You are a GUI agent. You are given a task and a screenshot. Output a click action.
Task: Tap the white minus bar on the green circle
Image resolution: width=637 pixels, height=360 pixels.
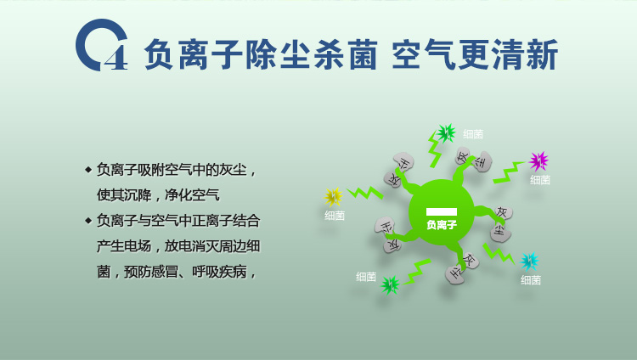[441, 211]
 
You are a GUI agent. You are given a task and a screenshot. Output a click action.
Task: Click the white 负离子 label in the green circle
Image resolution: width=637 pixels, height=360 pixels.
[442, 225]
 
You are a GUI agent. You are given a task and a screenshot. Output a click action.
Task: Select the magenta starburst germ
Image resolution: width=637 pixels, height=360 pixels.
[538, 161]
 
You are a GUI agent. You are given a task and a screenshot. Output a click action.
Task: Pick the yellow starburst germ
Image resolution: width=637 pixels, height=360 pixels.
[333, 197]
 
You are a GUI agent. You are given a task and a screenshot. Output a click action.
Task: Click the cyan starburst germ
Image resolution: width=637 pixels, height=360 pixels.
[530, 262]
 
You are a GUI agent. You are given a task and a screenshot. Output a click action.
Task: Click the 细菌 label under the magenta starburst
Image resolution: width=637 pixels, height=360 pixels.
[540, 180]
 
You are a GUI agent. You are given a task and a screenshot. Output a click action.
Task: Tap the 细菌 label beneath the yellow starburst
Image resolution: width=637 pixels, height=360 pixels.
[335, 216]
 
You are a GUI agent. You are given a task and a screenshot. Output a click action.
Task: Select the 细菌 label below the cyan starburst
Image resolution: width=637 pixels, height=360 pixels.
[531, 280]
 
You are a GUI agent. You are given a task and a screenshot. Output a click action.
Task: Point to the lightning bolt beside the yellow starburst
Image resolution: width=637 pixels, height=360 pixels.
[365, 193]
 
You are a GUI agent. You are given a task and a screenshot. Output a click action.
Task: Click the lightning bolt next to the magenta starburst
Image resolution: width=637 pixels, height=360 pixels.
[508, 172]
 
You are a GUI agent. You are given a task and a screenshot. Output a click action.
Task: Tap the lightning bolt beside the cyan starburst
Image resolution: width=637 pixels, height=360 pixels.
[499, 254]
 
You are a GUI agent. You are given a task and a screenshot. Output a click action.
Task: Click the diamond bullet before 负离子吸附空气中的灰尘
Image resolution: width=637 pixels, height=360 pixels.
[88, 170]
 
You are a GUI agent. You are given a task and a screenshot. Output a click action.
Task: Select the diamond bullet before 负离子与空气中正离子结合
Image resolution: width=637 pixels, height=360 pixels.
[88, 221]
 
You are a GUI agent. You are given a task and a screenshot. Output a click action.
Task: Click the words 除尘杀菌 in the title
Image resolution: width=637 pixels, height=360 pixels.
[312, 54]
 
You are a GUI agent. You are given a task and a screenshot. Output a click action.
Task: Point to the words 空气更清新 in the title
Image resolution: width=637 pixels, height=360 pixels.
[475, 54]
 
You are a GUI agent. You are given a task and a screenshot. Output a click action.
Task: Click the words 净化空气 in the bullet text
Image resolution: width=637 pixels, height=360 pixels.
[192, 195]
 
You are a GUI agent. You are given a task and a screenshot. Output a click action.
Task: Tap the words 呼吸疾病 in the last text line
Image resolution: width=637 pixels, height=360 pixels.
[219, 272]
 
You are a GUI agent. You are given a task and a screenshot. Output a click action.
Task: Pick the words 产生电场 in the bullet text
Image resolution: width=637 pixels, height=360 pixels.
[124, 246]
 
